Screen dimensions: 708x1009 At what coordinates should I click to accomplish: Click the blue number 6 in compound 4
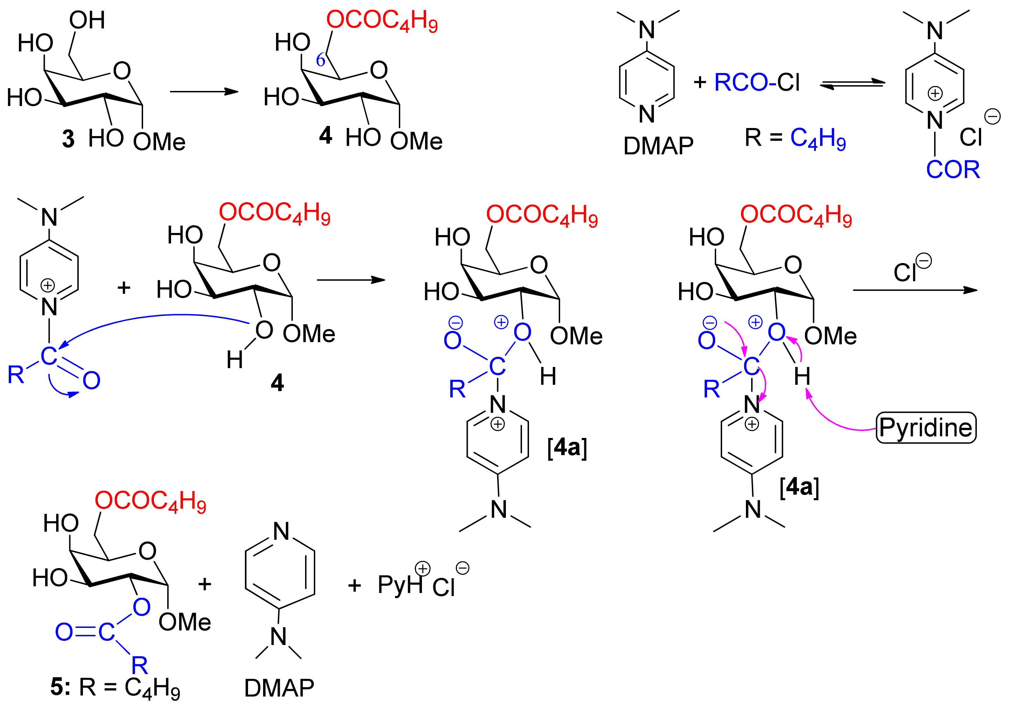point(320,60)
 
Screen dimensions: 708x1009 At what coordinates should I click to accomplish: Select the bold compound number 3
point(68,139)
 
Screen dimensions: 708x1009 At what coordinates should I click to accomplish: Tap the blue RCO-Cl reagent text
point(757,82)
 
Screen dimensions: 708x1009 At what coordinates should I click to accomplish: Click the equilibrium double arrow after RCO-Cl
point(853,84)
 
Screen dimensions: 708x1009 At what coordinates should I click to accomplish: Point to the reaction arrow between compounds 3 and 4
point(204,91)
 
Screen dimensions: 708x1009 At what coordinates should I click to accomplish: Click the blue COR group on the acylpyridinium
point(953,169)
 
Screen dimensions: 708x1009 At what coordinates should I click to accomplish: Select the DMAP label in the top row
point(658,146)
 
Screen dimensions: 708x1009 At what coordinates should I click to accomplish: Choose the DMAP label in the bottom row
point(279,688)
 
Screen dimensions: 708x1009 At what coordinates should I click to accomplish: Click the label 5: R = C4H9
point(115,687)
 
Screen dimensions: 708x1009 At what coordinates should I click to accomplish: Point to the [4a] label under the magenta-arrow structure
point(799,487)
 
